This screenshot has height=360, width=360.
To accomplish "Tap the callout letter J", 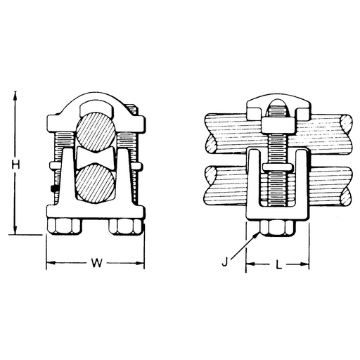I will pyautogui.click(x=224, y=264).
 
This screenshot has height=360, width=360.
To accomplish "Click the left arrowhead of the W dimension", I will pyautogui.click(x=49, y=265).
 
